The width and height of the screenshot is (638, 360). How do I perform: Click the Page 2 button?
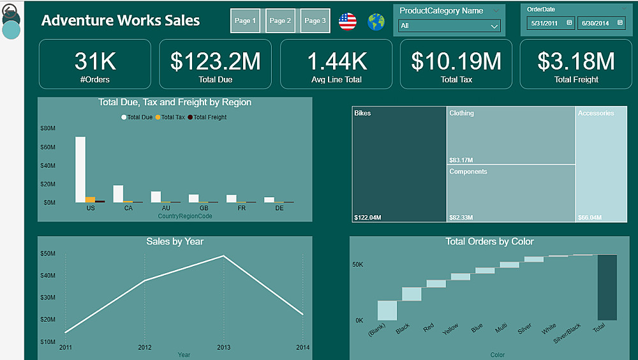(280, 21)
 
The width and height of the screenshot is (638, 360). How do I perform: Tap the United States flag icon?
(348, 22)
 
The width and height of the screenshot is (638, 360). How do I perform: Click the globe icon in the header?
(376, 22)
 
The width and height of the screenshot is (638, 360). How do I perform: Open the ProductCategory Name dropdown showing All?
(449, 26)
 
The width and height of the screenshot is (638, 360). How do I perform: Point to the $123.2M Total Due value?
(215, 61)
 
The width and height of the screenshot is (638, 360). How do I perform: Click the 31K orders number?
(95, 61)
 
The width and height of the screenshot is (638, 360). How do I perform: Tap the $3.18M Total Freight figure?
(576, 61)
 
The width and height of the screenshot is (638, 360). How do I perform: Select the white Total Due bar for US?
(80, 169)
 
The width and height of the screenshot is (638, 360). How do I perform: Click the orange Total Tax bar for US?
(90, 199)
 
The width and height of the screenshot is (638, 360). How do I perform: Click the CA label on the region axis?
(128, 208)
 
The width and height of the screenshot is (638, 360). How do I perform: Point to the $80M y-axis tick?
(48, 128)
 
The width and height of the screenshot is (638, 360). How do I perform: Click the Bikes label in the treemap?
(362, 114)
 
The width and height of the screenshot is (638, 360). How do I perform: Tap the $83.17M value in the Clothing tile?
(461, 160)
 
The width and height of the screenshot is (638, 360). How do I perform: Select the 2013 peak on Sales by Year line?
(223, 256)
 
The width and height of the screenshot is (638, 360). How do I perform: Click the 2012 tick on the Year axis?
(145, 347)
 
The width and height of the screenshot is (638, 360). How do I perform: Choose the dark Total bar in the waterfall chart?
(607, 287)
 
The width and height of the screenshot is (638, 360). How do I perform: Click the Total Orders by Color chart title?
(489, 242)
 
